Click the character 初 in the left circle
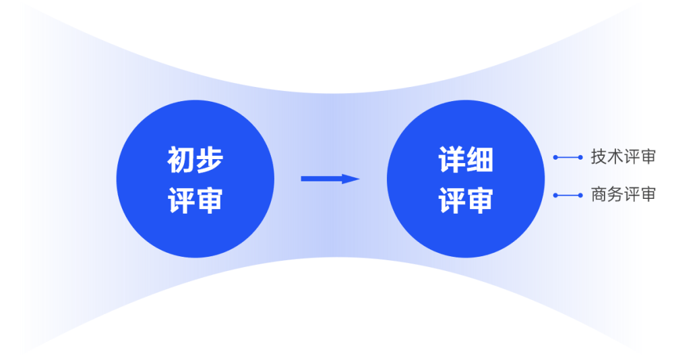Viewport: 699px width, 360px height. point(181,160)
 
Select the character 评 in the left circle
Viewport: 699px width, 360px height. point(181,200)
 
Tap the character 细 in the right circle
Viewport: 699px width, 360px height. point(480,160)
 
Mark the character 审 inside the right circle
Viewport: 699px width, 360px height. point(480,200)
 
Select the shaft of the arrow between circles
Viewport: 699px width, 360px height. point(321,179)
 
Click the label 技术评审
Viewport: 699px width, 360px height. point(623,157)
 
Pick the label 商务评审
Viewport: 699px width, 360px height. point(623,195)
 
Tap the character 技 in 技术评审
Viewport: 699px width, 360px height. point(599,157)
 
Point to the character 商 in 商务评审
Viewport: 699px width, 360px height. point(599,195)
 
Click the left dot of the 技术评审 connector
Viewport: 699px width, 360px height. point(555,157)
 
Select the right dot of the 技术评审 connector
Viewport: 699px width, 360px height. point(580,157)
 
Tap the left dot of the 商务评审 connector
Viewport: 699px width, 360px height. point(555,196)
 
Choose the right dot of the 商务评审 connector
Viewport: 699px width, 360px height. point(580,196)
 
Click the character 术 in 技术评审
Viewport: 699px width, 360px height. point(615,157)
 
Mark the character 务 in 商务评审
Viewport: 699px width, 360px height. point(615,195)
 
